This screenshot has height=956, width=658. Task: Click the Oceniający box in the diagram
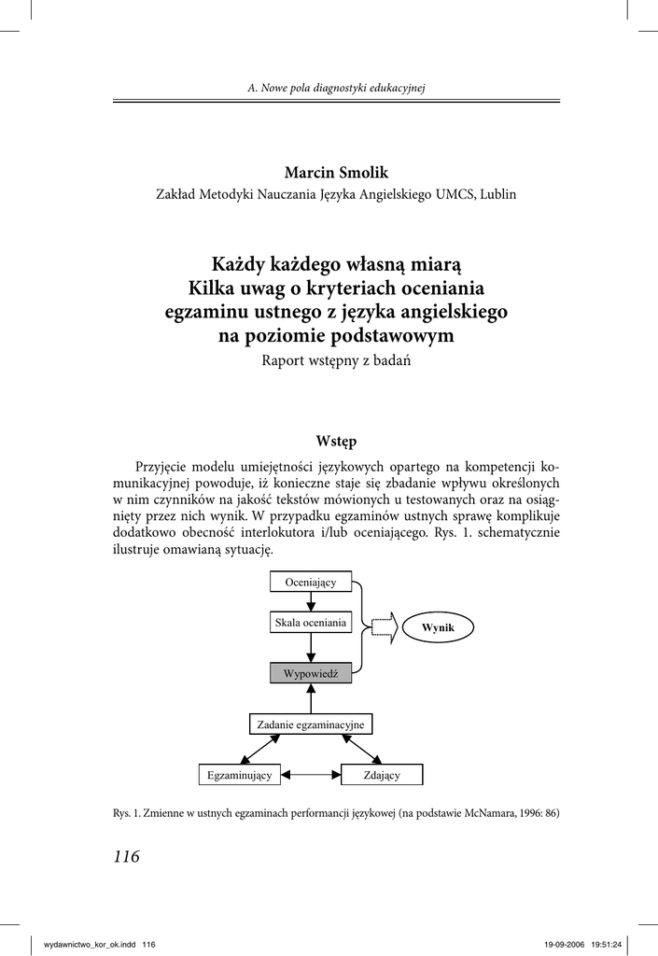pyautogui.click(x=311, y=582)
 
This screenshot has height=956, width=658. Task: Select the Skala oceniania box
pyautogui.click(x=311, y=622)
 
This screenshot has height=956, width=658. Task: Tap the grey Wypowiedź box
pyautogui.click(x=311, y=672)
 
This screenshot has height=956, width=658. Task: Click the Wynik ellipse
pyautogui.click(x=438, y=627)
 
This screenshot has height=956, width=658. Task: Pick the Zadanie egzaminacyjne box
pyautogui.click(x=311, y=724)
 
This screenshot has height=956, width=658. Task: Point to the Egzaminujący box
pyautogui.click(x=240, y=775)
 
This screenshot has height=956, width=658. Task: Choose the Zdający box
pyautogui.click(x=382, y=775)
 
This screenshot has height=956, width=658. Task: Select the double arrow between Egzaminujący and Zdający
pyautogui.click(x=311, y=775)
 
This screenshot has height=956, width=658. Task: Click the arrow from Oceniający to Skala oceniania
pyautogui.click(x=311, y=601)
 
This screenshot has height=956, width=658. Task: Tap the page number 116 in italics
pyautogui.click(x=126, y=857)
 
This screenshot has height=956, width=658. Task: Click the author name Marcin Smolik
pyautogui.click(x=335, y=173)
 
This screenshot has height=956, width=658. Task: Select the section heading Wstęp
pyautogui.click(x=335, y=440)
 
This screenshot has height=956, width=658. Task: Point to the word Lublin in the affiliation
pyautogui.click(x=497, y=194)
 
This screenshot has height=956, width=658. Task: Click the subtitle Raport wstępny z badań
pyautogui.click(x=335, y=361)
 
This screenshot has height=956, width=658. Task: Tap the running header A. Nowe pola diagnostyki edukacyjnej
pyautogui.click(x=336, y=88)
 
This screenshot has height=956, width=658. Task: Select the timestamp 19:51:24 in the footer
pyautogui.click(x=607, y=945)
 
